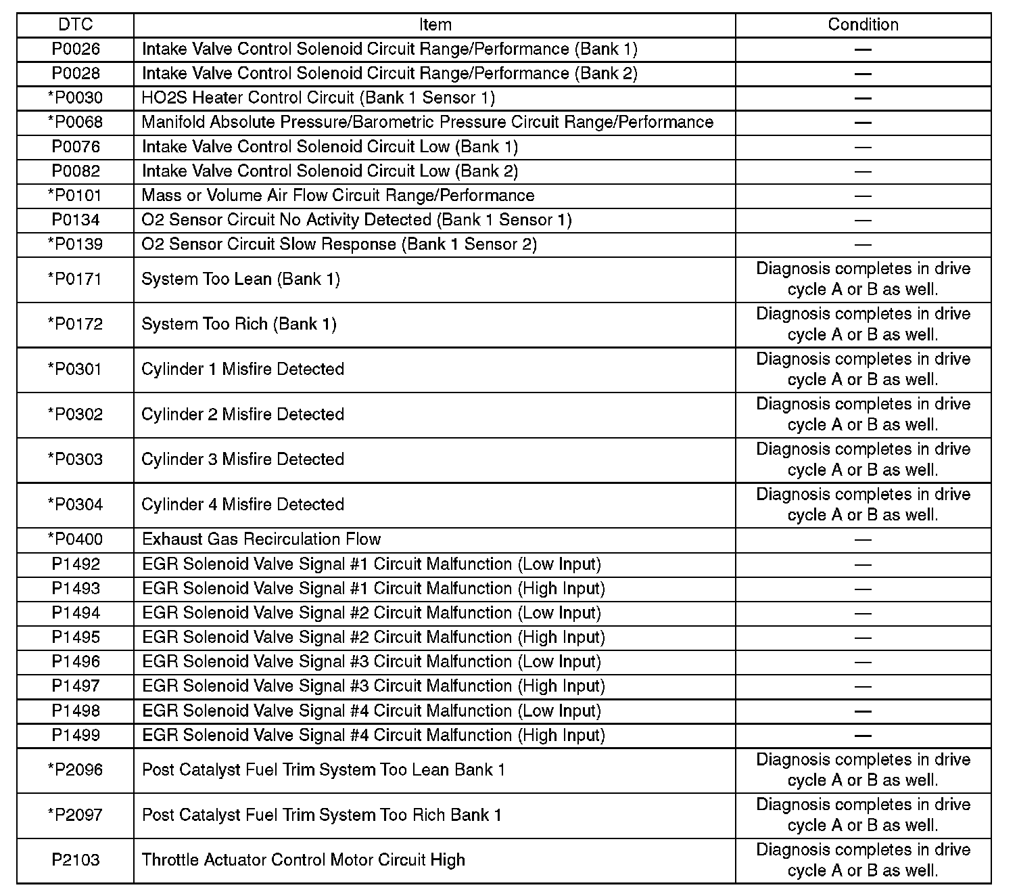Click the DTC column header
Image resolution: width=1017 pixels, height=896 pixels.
click(75, 25)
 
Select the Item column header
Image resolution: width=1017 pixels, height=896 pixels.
click(435, 25)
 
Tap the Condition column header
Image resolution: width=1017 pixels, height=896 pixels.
click(863, 25)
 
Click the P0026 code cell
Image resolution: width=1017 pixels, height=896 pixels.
click(75, 49)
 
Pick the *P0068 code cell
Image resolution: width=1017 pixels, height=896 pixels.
click(75, 122)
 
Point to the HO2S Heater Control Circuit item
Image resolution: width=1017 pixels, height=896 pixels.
click(318, 98)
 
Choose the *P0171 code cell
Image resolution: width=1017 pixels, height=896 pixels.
click(75, 279)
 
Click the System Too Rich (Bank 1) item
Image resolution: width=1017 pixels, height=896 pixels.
click(239, 324)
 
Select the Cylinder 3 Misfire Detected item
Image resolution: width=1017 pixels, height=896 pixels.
click(243, 460)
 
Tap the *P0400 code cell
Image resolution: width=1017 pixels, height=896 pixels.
click(75, 539)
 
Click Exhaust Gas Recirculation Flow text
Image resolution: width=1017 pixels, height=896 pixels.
click(261, 539)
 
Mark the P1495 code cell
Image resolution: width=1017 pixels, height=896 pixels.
click(75, 637)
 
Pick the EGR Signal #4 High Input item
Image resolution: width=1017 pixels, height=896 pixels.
click(373, 736)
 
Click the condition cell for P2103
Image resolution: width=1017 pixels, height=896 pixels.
click(863, 860)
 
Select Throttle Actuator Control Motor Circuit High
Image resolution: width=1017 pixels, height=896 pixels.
click(303, 860)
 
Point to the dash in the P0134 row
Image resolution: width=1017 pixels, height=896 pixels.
click(863, 221)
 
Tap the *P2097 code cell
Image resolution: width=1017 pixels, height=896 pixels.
click(75, 815)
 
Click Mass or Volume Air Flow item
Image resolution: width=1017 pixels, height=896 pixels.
click(338, 196)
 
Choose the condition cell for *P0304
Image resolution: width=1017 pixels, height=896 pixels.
click(863, 505)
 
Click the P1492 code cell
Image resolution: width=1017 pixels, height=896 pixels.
click(75, 564)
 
